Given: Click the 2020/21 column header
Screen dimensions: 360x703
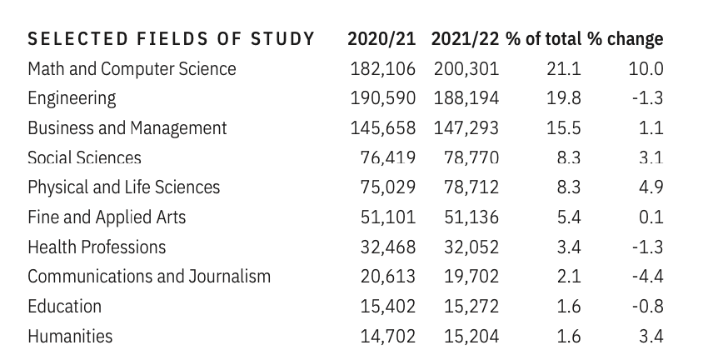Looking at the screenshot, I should (x=385, y=39).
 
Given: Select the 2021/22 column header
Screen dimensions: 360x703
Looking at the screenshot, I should (x=466, y=39).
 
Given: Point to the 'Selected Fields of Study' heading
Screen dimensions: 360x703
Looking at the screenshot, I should (x=171, y=39).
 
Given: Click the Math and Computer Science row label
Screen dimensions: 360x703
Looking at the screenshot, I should (x=132, y=69).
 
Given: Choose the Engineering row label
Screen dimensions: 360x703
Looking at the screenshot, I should (x=72, y=98).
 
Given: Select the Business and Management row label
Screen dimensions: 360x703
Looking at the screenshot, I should (x=127, y=128).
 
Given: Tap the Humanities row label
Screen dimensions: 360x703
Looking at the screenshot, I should (x=70, y=337).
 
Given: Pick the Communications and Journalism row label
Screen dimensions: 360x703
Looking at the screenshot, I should (x=148, y=277).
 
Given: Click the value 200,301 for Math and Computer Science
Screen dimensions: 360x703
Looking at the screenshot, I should (x=466, y=69).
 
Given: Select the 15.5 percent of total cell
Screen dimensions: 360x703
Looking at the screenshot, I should (x=564, y=128).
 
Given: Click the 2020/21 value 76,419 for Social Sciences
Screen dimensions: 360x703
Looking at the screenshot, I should (x=388, y=158).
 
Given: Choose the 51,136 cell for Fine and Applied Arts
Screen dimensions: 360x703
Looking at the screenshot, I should (x=471, y=217).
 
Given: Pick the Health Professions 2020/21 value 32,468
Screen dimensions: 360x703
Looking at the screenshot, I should (x=388, y=247).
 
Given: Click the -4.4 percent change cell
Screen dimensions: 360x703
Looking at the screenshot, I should (x=647, y=277).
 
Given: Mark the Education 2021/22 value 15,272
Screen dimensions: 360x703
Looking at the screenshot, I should (x=471, y=307).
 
